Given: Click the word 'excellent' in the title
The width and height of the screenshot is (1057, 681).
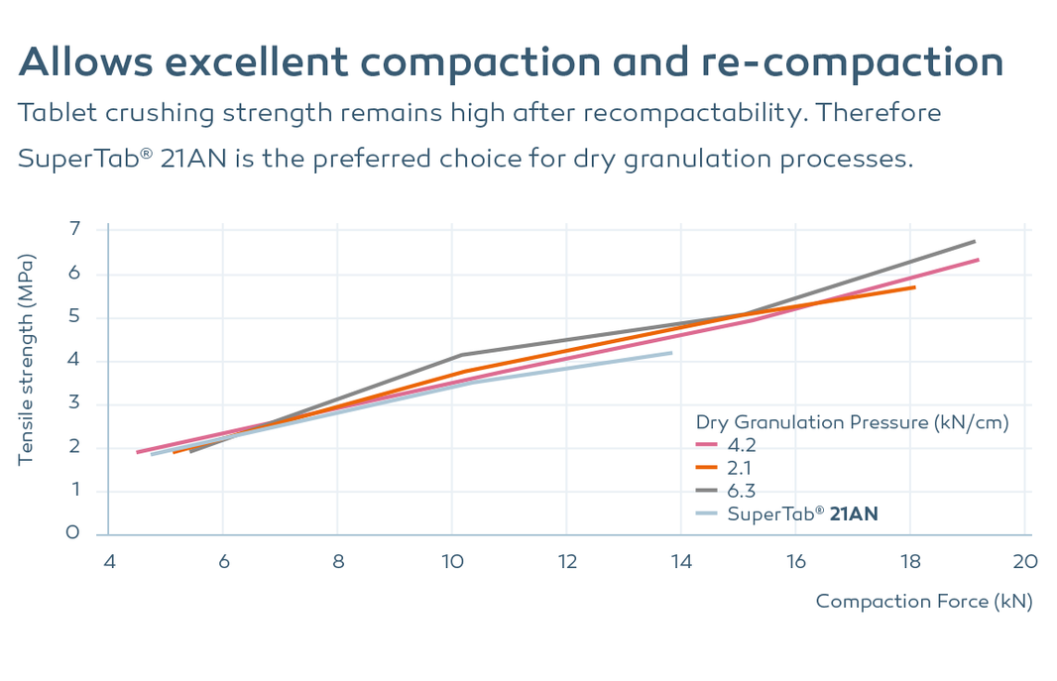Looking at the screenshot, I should coord(253,62).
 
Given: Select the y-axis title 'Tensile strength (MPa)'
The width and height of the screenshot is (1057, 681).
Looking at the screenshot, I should coord(28,361).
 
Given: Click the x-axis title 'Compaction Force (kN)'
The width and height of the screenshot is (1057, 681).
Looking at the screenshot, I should coord(923,601).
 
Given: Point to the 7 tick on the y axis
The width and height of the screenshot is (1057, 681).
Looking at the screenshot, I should coord(73,230).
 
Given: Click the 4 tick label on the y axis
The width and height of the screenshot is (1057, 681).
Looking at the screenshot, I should coord(73,361).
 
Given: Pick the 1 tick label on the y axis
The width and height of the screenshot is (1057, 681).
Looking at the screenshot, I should coord(73,491).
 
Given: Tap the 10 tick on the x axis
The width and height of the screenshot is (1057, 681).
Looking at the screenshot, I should coord(452,561).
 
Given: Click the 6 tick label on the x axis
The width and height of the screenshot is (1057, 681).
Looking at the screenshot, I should coord(223,561).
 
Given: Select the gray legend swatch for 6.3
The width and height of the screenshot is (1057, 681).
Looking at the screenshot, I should coord(707,491).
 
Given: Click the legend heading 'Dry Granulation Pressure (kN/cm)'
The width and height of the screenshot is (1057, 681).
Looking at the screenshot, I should coord(852,422).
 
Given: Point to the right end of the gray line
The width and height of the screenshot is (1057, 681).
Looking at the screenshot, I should coord(975,241).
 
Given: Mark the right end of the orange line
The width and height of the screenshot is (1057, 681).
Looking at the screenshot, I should coord(914,287).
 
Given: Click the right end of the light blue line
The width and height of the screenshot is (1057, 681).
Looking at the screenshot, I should coord(671,352).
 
